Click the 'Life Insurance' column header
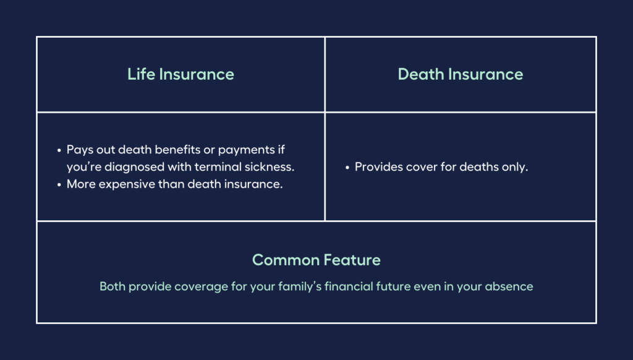181,74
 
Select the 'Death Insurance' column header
460,74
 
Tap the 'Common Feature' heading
316,260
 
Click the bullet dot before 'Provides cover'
347,168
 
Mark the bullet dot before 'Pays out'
59,150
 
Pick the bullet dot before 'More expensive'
59,185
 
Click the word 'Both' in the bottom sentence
112,287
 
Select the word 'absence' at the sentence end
512,287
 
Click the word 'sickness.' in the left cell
270,167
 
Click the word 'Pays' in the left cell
79,150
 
